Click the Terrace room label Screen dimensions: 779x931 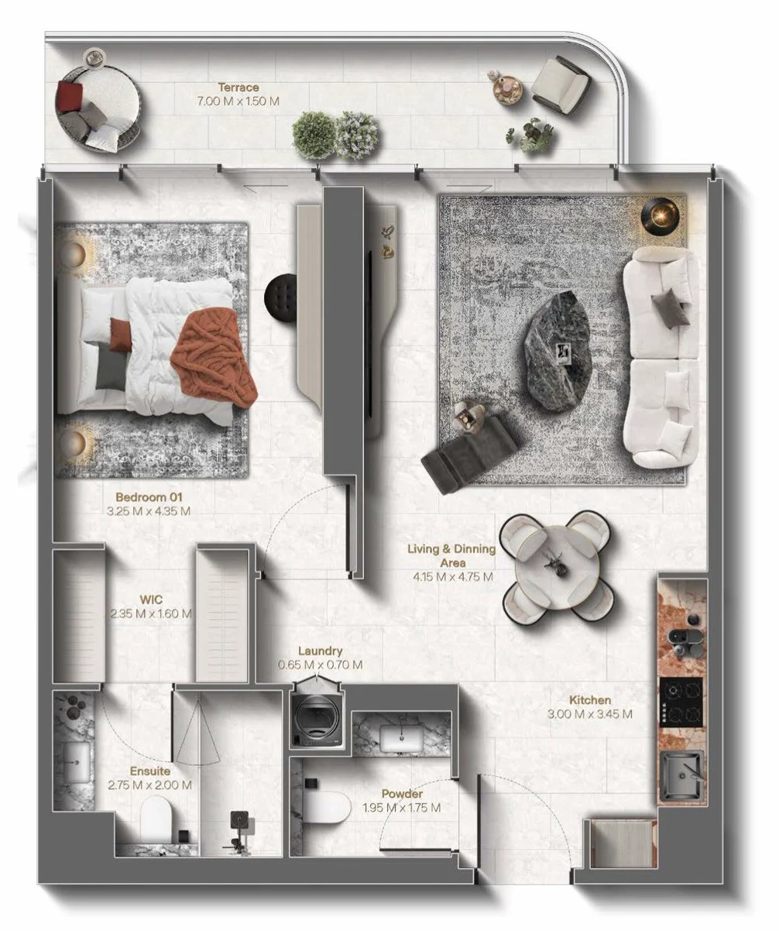[239, 88]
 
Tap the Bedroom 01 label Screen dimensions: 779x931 [149, 496]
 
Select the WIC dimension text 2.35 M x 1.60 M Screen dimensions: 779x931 [151, 613]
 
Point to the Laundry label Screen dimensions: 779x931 [320, 651]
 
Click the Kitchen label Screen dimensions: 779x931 [590, 700]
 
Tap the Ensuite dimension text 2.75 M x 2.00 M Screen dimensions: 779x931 [149, 785]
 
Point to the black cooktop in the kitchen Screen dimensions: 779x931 [681, 703]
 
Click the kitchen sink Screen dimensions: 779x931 [682, 775]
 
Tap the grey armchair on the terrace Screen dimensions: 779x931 [561, 84]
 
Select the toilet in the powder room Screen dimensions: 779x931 [327, 806]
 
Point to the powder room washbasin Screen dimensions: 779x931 [401, 738]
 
